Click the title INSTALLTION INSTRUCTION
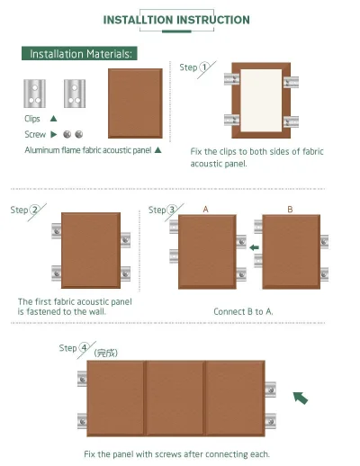(176, 20)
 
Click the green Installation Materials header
(80, 54)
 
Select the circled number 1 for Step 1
(204, 67)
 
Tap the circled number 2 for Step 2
(34, 211)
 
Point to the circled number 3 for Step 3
(170, 210)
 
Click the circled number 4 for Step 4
(84, 347)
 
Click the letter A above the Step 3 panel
(205, 209)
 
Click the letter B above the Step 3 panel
(289, 209)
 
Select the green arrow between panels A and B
(254, 247)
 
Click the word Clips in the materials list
(33, 119)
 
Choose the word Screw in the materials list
(34, 134)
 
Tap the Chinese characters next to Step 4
(107, 354)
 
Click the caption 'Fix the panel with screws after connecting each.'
(176, 453)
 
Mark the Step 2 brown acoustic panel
(90, 251)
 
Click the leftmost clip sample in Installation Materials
(32, 92)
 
